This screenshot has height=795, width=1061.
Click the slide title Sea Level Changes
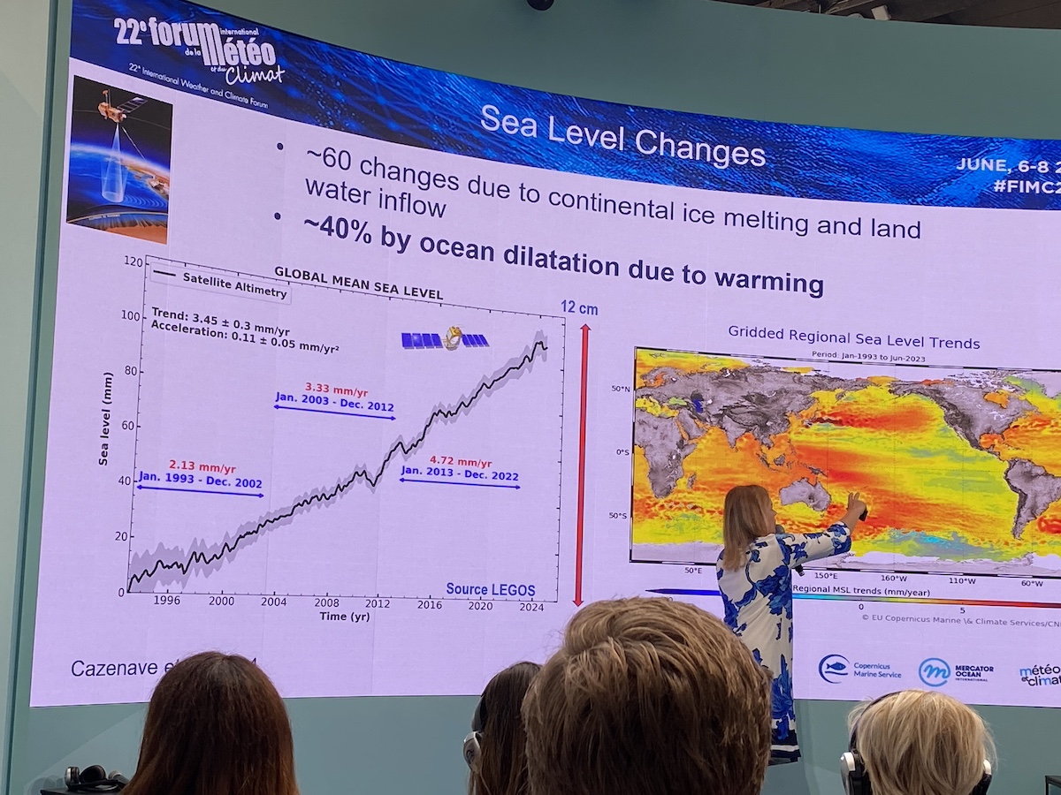[622, 135]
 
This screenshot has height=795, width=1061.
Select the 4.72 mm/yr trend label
[460, 461]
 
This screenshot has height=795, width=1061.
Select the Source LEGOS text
[490, 589]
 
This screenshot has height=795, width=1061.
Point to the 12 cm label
[580, 307]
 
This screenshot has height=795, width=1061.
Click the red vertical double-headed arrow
[582, 464]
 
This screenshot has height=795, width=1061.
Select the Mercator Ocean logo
[955, 671]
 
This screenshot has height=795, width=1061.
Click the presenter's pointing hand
[856, 508]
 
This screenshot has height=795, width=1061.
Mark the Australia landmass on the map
[805, 495]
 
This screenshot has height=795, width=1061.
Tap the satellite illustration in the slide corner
[118, 159]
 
